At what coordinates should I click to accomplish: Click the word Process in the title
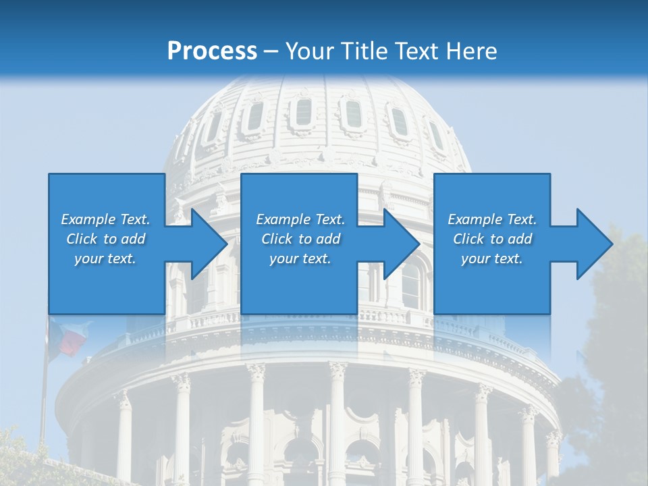click(212, 51)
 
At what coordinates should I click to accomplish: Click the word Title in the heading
click(364, 51)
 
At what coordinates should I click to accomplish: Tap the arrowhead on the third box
click(595, 244)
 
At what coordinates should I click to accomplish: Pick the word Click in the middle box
click(276, 239)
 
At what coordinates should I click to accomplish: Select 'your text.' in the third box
click(491, 259)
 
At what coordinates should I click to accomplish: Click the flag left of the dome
click(71, 337)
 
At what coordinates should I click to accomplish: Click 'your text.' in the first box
click(105, 259)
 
